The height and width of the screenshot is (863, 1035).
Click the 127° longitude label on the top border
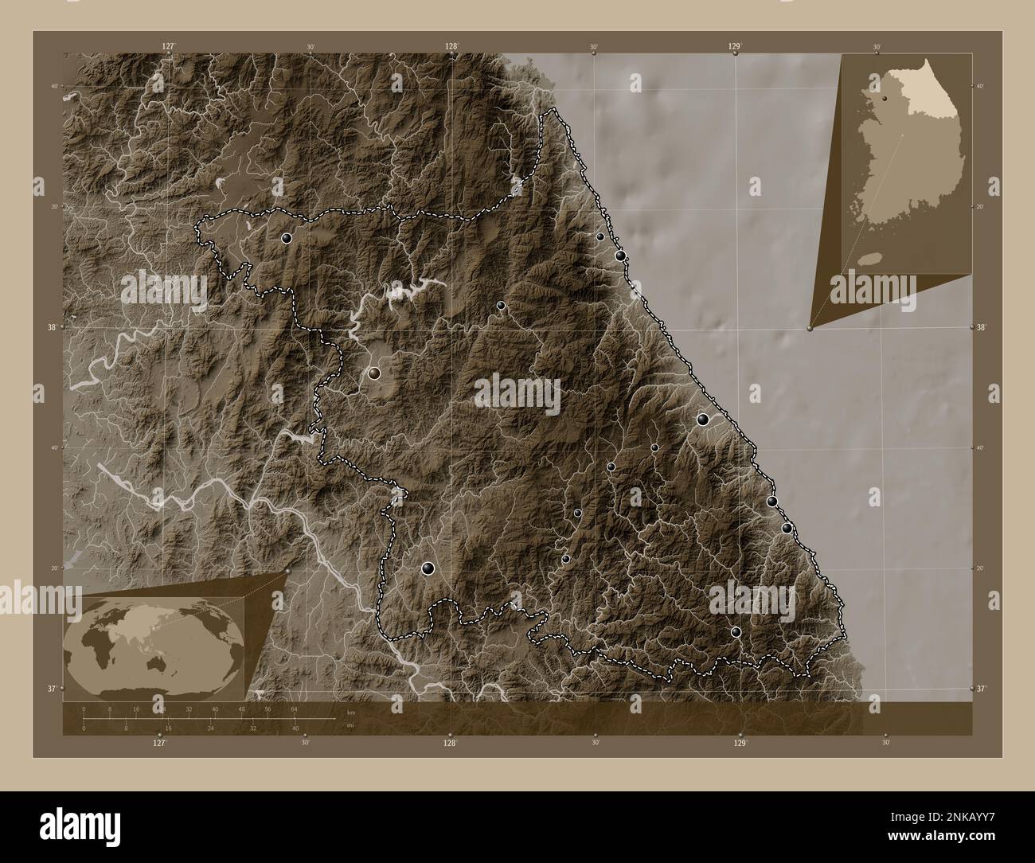click(168, 47)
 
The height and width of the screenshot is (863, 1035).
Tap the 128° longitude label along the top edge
click(451, 47)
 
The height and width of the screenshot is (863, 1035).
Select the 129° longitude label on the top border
click(735, 47)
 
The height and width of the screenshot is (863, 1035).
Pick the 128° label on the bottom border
click(450, 742)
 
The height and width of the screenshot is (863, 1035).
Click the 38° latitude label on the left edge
click(53, 327)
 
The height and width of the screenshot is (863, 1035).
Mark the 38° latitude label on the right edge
click(982, 327)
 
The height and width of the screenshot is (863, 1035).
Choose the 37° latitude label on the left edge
click(53, 688)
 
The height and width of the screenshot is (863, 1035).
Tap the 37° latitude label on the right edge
click(982, 688)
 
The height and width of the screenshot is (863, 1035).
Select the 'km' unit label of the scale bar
click(350, 712)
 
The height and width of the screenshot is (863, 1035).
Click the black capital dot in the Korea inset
click(884, 98)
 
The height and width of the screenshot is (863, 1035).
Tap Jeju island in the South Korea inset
click(874, 258)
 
